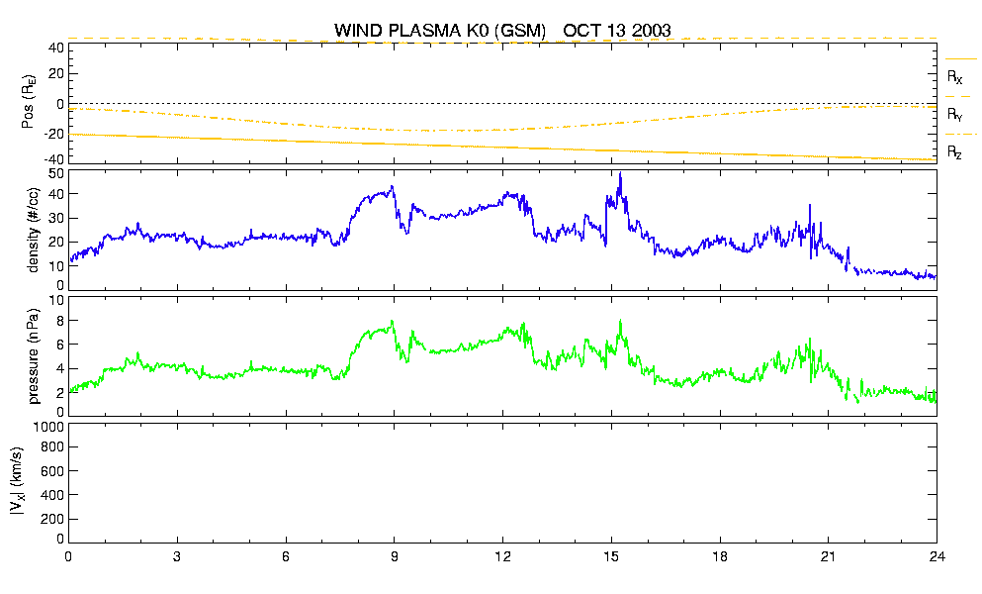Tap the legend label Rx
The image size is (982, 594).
(x=954, y=77)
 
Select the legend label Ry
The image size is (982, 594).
(x=954, y=114)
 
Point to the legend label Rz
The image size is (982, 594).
(x=954, y=151)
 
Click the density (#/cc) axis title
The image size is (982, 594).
(x=34, y=231)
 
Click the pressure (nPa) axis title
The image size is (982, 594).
(x=34, y=356)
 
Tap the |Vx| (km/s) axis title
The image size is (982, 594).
(x=18, y=482)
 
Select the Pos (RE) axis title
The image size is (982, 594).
(x=28, y=102)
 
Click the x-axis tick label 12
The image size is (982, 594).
(x=503, y=556)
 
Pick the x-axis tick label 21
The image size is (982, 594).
(x=829, y=556)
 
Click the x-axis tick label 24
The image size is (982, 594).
(x=937, y=556)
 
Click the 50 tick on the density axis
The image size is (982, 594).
(x=56, y=174)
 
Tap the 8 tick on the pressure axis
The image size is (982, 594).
(x=60, y=321)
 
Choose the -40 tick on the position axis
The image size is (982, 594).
(x=52, y=159)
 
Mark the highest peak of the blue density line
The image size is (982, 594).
(x=620, y=173)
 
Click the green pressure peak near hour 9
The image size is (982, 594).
(x=392, y=321)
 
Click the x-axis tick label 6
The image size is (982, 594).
(x=286, y=556)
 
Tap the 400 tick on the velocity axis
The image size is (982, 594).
(x=52, y=495)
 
